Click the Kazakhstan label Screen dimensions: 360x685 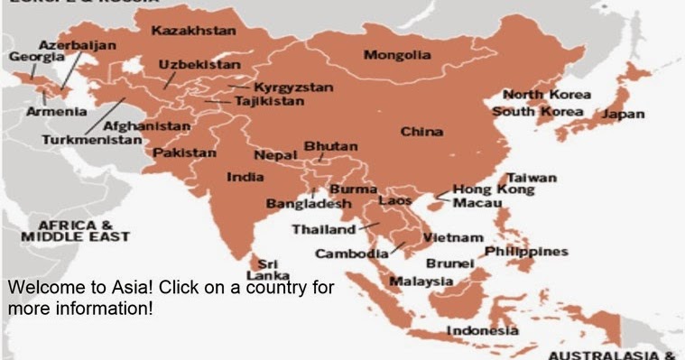pyautogui.click(x=193, y=31)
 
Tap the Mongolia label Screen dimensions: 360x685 pyautogui.click(x=396, y=55)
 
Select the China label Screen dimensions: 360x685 pyautogui.click(x=421, y=132)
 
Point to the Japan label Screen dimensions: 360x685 pyautogui.click(x=624, y=115)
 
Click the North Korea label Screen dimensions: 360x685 pyautogui.click(x=546, y=95)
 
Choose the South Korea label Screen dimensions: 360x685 pyautogui.click(x=539, y=112)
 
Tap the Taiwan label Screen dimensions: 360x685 pyautogui.click(x=532, y=178)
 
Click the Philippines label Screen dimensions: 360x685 pyautogui.click(x=526, y=251)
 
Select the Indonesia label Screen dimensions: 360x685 pyautogui.click(x=483, y=331)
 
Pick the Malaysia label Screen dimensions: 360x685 pyautogui.click(x=421, y=282)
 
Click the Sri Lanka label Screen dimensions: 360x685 pyautogui.click(x=268, y=269)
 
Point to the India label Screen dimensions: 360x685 pyautogui.click(x=245, y=177)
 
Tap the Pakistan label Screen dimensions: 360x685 pyautogui.click(x=184, y=153)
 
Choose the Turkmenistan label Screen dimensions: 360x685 pyautogui.click(x=91, y=140)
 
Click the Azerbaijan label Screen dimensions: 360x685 pyautogui.click(x=77, y=44)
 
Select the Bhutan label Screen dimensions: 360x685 pyautogui.click(x=330, y=146)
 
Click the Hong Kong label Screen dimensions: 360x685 pyautogui.click(x=493, y=190)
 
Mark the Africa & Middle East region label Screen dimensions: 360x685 pyautogui.click(x=76, y=230)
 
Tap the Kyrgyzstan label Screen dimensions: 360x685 pyautogui.click(x=293, y=88)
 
